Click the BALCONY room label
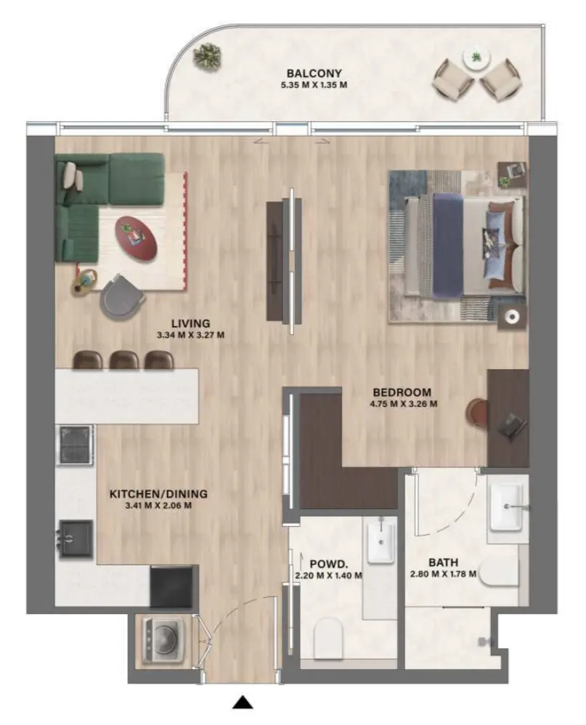314,73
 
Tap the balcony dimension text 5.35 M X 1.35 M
314,85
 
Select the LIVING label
191,323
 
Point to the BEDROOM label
403,392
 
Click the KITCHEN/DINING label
158,494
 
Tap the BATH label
442,562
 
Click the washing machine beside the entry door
159,639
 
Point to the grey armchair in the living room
122,297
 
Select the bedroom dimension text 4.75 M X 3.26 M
403,405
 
